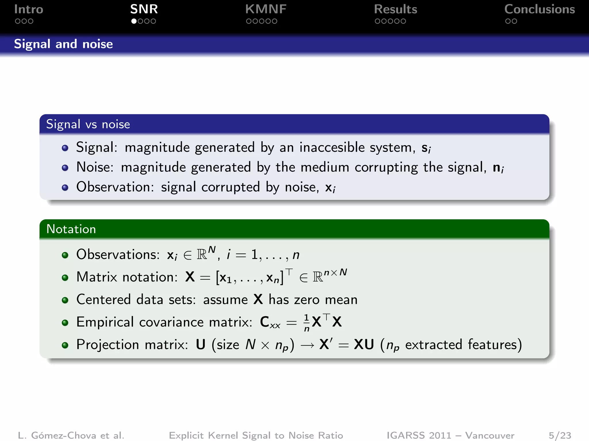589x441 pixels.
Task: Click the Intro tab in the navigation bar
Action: pyautogui.click(x=28, y=9)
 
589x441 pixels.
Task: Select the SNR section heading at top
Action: pyautogui.click(x=144, y=9)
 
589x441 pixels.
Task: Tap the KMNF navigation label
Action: pyautogui.click(x=266, y=9)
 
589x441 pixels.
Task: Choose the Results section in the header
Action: pyautogui.click(x=395, y=9)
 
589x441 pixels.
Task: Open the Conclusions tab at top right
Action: pyautogui.click(x=540, y=9)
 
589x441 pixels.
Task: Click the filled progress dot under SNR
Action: pyautogui.click(x=134, y=21)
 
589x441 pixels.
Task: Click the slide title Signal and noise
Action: pyautogui.click(x=64, y=44)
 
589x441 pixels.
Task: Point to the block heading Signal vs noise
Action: pyautogui.click(x=88, y=124)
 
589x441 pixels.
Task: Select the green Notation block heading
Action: pyautogui.click(x=71, y=229)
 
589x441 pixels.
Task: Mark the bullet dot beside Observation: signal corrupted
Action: pyautogui.click(x=65, y=188)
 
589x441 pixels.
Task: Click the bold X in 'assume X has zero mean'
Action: pyautogui.click(x=258, y=299)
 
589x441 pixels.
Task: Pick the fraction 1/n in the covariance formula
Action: pyautogui.click(x=307, y=322)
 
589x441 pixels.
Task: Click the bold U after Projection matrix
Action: pyautogui.click(x=201, y=345)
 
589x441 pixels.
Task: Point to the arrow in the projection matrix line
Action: pyautogui.click(x=307, y=345)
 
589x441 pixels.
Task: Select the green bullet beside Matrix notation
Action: pyautogui.click(x=65, y=278)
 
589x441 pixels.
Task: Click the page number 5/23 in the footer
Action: pyautogui.click(x=560, y=435)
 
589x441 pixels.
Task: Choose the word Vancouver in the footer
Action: pyautogui.click(x=489, y=435)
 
